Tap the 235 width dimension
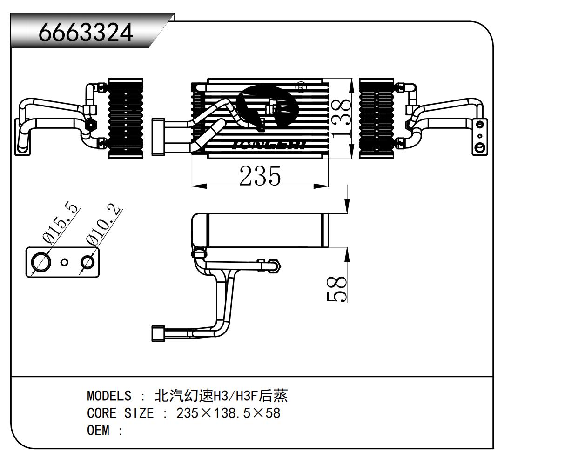tap(260, 176)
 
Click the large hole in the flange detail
tap(41, 262)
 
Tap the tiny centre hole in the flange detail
tap(65, 262)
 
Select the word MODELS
tap(109, 396)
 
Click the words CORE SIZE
tap(120, 413)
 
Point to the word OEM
tap(98, 430)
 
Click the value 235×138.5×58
tap(228, 413)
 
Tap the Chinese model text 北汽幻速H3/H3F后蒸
tap(221, 396)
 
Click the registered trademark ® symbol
tap(301, 87)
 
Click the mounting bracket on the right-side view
tap(480, 137)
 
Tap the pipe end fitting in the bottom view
tap(157, 333)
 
